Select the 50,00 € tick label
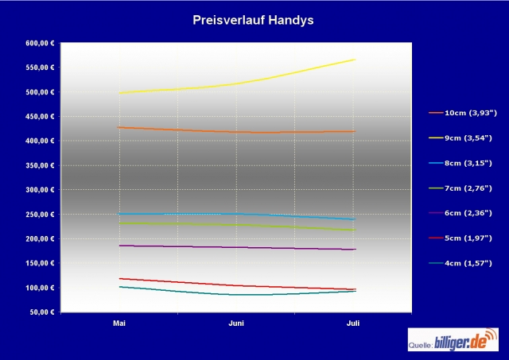pos(41,312)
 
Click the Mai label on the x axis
pos(119,324)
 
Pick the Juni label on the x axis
pos(236,324)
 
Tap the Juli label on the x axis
pos(354,324)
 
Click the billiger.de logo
pos(466,343)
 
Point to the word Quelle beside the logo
pos(422,346)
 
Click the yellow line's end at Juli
pos(355,60)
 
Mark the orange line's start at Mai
pos(119,127)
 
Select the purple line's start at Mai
pos(119,246)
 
